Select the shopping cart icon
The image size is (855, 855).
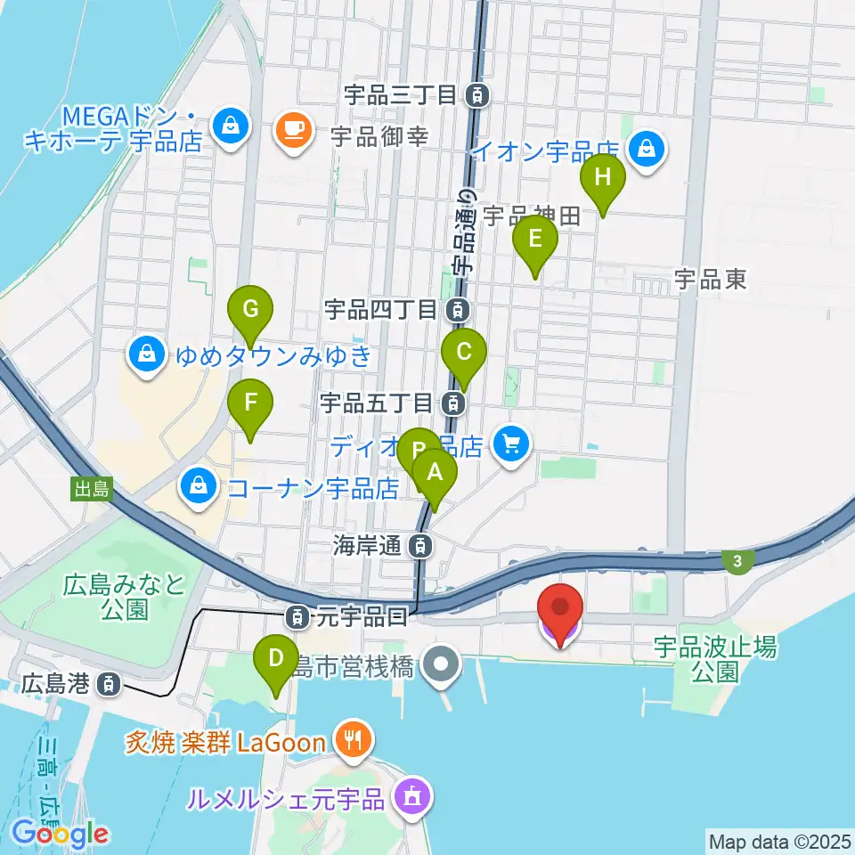[511, 442]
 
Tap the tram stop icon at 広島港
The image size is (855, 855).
[108, 684]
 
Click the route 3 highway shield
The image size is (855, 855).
[737, 559]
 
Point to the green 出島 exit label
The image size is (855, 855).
[92, 488]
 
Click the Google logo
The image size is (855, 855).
[61, 835]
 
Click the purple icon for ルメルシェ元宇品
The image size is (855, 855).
[411, 794]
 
